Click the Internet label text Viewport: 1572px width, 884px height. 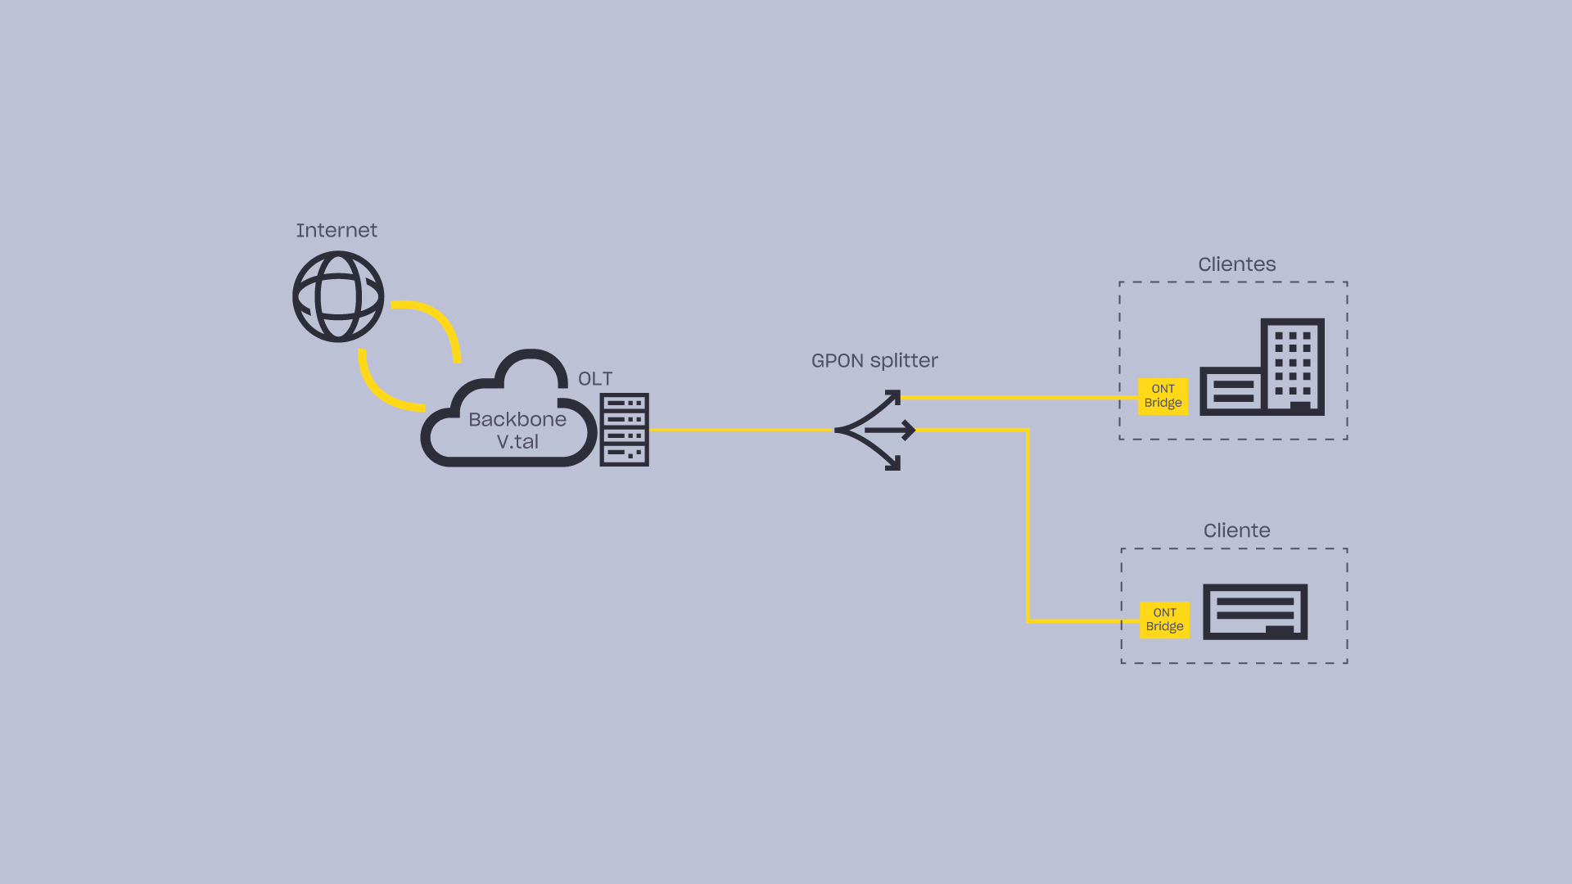[x=337, y=231]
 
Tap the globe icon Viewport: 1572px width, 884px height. [x=338, y=296]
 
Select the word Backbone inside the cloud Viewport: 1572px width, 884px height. [x=517, y=420]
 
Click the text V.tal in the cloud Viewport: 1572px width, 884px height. [x=517, y=442]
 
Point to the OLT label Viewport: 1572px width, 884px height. [x=595, y=379]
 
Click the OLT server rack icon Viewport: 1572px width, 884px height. [x=624, y=430]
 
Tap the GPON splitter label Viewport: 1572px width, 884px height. [x=874, y=361]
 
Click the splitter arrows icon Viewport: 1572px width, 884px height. [x=874, y=430]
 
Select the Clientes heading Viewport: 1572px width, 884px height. [x=1236, y=264]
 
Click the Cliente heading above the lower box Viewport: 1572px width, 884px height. [x=1236, y=530]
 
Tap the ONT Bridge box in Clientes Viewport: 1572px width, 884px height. [x=1163, y=396]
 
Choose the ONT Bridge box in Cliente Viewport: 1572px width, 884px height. [x=1164, y=620]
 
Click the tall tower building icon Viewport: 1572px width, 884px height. [x=1293, y=365]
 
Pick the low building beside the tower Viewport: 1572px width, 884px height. [x=1230, y=391]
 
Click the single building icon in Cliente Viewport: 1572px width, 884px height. [x=1254, y=611]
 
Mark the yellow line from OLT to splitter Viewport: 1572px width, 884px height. [x=741, y=430]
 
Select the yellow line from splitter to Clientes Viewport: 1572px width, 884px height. [x=1019, y=398]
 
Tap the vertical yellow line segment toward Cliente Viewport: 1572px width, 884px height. [x=1028, y=524]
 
